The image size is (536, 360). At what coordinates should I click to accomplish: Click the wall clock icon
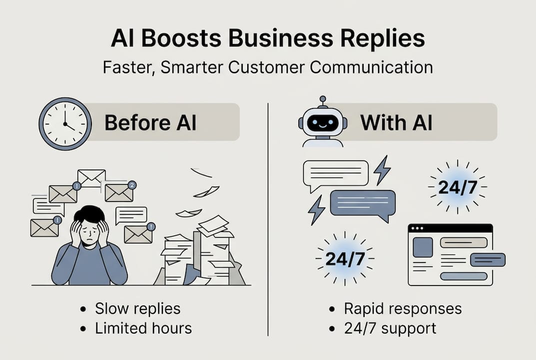(65, 123)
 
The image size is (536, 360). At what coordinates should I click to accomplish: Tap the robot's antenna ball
(322, 99)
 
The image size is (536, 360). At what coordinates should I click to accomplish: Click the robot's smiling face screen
(322, 123)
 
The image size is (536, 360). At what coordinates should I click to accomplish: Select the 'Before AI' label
(150, 122)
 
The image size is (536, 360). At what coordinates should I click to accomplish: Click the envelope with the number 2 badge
(119, 192)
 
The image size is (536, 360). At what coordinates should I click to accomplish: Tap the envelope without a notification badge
(91, 178)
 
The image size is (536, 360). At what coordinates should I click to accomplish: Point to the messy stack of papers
(200, 255)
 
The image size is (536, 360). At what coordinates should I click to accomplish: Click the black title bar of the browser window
(450, 228)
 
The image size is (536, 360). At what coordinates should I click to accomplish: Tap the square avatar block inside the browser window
(423, 247)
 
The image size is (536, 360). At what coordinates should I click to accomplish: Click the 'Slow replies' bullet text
(137, 308)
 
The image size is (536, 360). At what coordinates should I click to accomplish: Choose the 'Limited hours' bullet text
(143, 328)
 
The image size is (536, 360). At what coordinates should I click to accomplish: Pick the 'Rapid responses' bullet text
(403, 308)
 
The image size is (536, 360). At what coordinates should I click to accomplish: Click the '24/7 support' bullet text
(390, 328)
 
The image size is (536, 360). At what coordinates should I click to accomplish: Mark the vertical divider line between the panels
(268, 220)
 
